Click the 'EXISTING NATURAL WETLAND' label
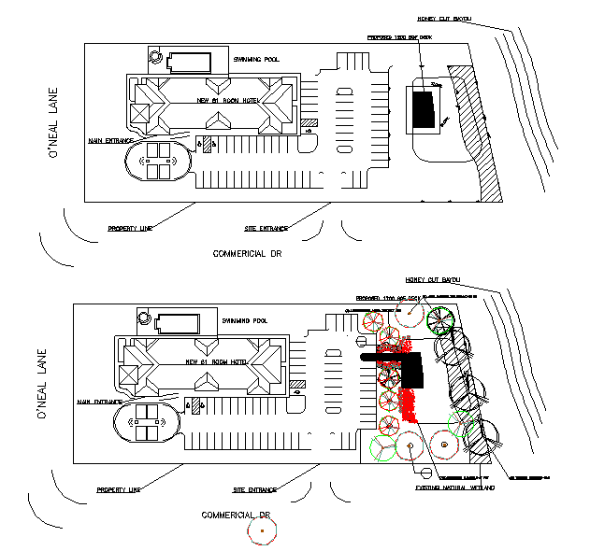(453, 487)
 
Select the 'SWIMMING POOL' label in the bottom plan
(244, 320)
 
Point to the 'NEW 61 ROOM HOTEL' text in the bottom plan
(216, 361)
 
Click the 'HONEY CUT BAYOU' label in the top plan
(443, 19)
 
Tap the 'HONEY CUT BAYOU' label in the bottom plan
(433, 279)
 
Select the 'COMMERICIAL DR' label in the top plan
(247, 253)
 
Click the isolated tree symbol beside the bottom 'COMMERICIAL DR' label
(263, 531)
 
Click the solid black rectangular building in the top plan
(424, 110)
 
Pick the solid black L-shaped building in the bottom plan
(411, 367)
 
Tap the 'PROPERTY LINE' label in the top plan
(130, 228)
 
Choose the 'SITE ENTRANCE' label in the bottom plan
(255, 489)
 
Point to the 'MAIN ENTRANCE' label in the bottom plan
(100, 402)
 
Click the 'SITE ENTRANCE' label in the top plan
(266, 228)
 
